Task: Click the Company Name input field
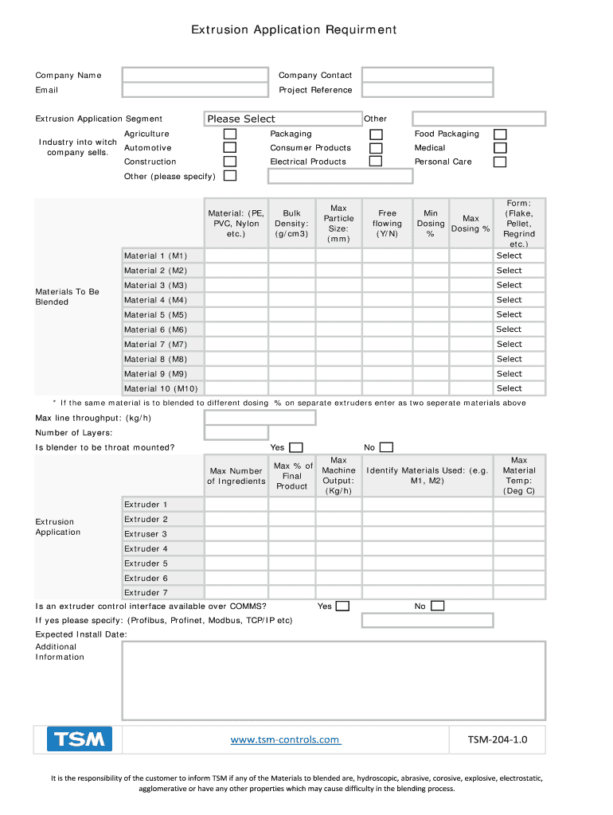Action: click(195, 75)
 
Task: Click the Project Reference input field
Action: click(428, 90)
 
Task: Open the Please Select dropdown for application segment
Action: click(283, 119)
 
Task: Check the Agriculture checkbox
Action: click(229, 134)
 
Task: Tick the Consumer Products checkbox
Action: click(376, 148)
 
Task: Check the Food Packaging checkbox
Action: click(500, 134)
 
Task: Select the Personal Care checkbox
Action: click(500, 162)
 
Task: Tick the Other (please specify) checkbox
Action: click(229, 176)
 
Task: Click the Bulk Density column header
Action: click(291, 224)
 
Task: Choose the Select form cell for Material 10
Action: click(510, 388)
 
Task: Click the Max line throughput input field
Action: click(260, 418)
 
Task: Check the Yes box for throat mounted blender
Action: click(295, 447)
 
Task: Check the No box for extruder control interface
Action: click(437, 606)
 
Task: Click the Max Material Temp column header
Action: click(519, 475)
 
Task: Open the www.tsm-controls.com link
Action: click(285, 740)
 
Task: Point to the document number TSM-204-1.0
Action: click(497, 740)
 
